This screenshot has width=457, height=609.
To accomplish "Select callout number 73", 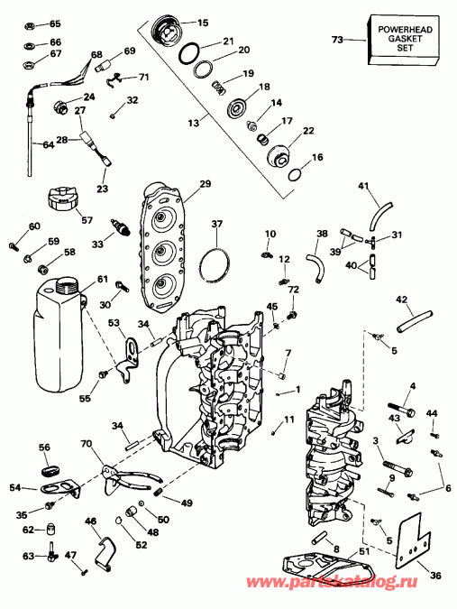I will point(337,41).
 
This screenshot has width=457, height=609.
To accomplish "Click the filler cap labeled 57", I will point(63,197).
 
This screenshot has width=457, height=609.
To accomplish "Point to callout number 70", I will point(87,444).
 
